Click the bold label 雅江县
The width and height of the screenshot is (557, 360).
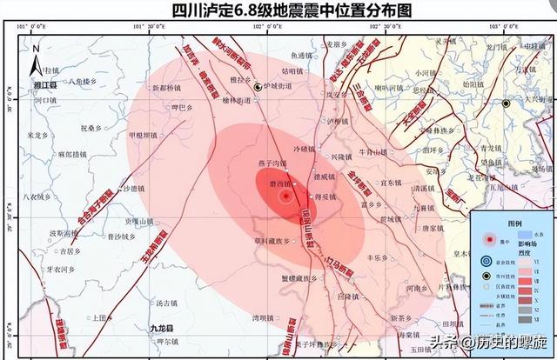point(42,86)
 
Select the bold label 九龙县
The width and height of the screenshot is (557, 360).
point(150,329)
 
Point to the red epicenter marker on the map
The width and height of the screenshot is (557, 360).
point(285,197)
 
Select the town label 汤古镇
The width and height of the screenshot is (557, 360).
point(166,303)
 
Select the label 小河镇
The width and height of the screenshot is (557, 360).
point(426,73)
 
